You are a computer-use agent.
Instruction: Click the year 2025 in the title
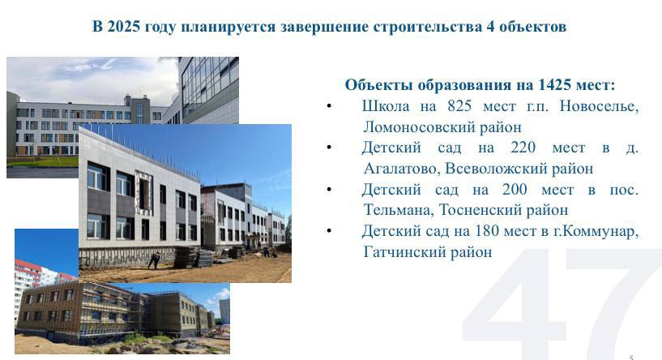(x=123, y=27)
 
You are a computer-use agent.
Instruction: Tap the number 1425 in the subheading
(x=555, y=85)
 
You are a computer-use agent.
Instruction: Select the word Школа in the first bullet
(x=386, y=105)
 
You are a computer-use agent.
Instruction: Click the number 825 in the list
(x=459, y=105)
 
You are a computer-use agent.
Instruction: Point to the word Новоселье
(x=599, y=106)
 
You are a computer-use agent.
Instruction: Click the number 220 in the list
(x=523, y=148)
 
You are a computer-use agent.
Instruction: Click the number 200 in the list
(x=515, y=189)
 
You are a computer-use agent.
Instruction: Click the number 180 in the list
(x=488, y=231)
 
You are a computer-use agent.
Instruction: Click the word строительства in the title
(x=428, y=27)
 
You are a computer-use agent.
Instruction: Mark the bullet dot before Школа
(x=329, y=106)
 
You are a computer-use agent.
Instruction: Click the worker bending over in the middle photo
(x=154, y=259)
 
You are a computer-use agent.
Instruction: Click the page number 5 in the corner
(x=631, y=358)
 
